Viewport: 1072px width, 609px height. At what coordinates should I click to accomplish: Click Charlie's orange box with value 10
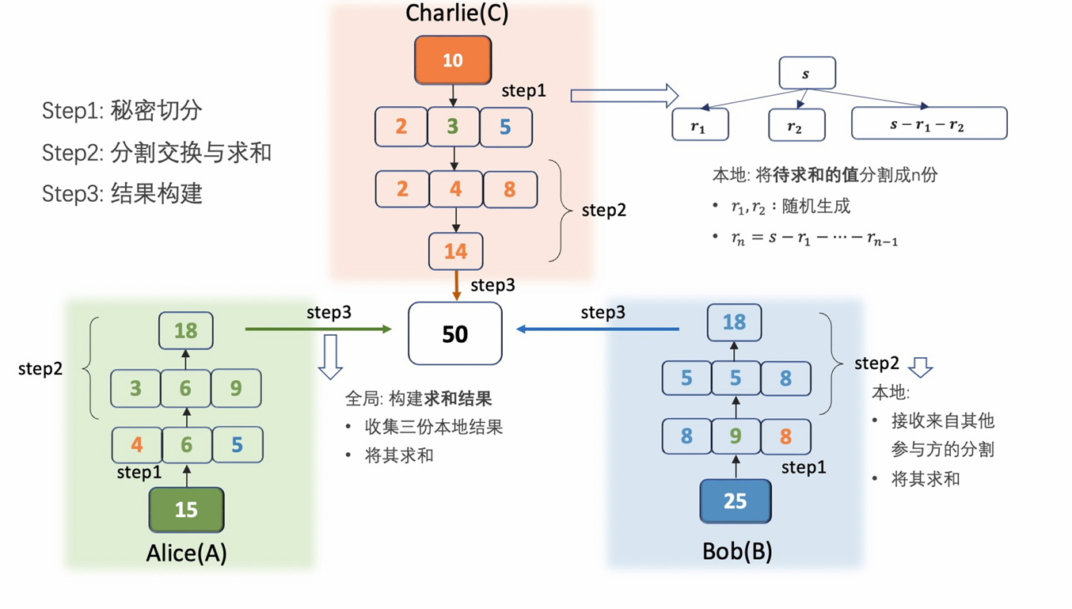pos(453,60)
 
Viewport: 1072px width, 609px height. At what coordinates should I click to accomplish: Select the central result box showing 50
pos(455,333)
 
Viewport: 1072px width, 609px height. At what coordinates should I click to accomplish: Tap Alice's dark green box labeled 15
pos(186,509)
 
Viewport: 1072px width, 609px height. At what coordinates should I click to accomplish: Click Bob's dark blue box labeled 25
pos(735,501)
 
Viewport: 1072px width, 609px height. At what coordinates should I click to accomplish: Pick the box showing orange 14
pos(455,252)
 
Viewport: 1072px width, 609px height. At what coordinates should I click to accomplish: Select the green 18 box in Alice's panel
pos(186,330)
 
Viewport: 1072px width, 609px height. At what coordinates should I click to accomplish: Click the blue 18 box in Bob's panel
pos(735,322)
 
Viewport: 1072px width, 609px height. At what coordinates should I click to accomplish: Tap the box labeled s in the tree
pos(807,74)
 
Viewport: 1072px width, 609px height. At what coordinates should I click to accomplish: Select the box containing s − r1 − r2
pos(928,124)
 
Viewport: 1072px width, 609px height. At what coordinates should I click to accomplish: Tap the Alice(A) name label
pos(187,552)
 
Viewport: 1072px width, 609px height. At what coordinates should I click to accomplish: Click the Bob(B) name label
pos(737,550)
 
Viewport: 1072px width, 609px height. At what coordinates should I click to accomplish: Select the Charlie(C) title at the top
pos(457,13)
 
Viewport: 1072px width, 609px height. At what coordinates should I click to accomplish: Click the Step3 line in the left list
pos(122,194)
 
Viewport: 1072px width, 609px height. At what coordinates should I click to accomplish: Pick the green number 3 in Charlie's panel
pos(452,127)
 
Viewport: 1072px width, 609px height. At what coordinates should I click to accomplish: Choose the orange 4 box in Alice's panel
pos(137,445)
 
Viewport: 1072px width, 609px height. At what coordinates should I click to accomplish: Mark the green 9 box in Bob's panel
pos(736,436)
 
